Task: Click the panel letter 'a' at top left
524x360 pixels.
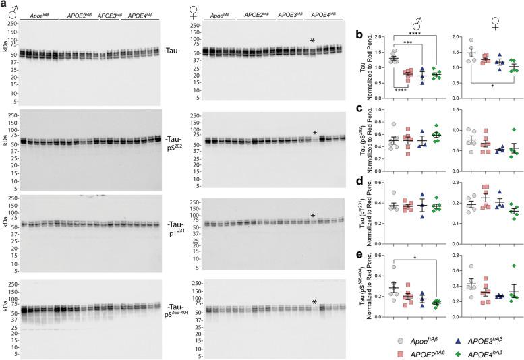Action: click(x=3, y=5)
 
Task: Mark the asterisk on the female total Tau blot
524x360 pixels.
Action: click(x=312, y=42)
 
